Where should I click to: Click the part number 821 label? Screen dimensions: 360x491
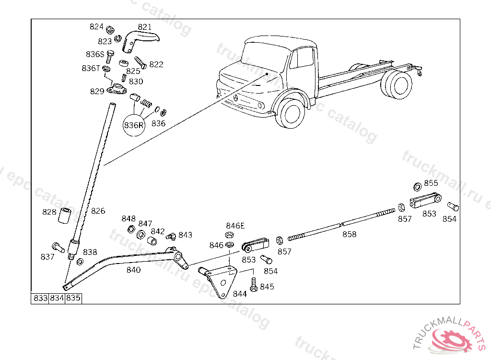144,27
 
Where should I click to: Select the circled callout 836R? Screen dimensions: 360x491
134,126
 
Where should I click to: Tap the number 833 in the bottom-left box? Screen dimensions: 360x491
40,298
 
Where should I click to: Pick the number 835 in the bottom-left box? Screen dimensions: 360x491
73,298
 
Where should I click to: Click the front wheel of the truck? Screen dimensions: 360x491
292,113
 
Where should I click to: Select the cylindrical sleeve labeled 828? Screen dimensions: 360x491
64,216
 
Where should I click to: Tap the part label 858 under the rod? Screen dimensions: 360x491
349,234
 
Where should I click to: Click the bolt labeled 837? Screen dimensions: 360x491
58,248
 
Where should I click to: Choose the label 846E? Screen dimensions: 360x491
235,226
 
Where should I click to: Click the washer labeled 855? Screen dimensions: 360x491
417,186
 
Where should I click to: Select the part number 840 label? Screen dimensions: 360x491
133,270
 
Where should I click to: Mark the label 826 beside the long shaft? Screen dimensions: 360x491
98,211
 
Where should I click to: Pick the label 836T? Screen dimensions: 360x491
91,68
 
